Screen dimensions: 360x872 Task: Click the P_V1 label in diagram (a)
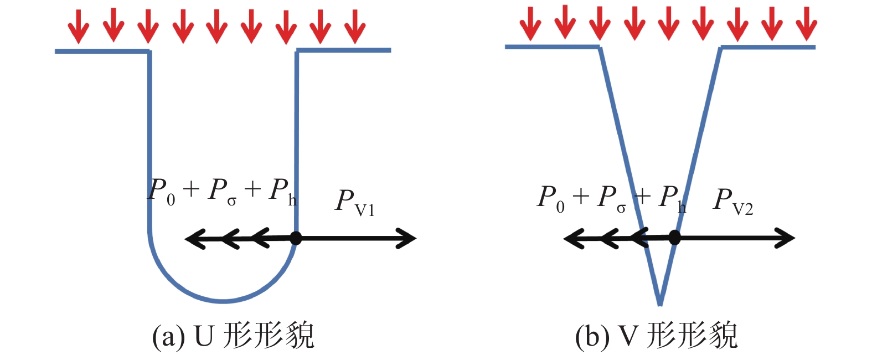354,202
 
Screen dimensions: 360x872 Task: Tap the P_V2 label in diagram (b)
732,200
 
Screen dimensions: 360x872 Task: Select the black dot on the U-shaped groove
296,239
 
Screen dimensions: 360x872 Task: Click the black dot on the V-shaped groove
674,238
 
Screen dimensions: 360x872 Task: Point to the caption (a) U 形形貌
233,336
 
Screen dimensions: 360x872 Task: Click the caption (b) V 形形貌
656,336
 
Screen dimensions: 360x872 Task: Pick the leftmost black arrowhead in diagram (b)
571,239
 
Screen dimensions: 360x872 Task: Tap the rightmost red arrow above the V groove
806,23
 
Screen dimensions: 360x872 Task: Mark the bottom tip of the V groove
660,304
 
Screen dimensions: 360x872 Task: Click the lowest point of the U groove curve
223,302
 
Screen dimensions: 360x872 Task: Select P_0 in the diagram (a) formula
162,192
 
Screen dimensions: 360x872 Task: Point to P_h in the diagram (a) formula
282,192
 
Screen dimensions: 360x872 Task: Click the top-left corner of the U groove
149,52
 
